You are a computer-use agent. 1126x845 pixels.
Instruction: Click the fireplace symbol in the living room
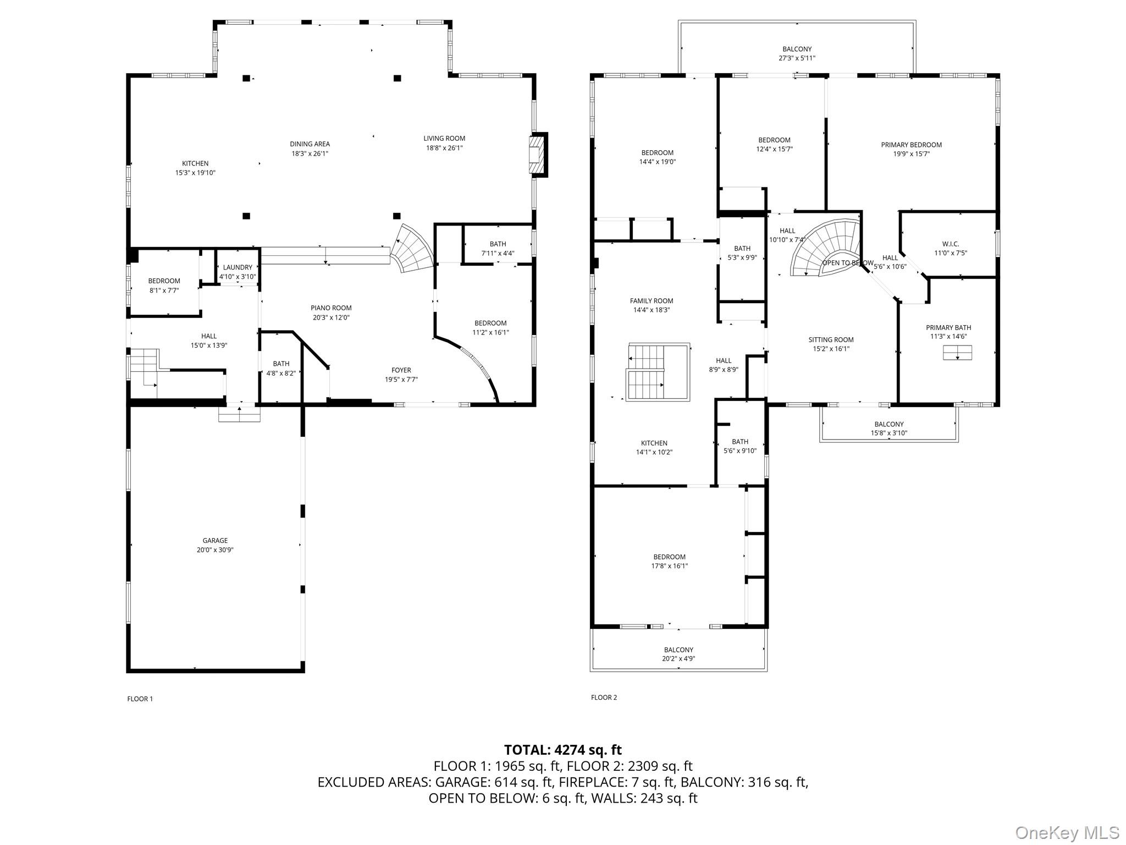pos(538,155)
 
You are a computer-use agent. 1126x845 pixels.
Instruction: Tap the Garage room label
pos(215,540)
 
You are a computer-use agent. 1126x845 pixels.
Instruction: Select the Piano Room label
pos(331,308)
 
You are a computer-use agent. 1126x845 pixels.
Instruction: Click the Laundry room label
pos(238,267)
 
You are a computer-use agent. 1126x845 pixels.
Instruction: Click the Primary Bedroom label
pos(911,145)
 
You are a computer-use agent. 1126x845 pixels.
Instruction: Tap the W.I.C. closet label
pos(950,244)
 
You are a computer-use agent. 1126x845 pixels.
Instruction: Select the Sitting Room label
pos(831,339)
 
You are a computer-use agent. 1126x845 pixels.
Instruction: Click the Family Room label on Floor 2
pos(652,300)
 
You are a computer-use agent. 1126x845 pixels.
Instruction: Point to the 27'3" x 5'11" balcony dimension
pos(797,58)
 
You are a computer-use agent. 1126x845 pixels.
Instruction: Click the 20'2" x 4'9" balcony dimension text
pos(678,659)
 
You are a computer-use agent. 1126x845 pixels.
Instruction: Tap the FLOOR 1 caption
pos(140,699)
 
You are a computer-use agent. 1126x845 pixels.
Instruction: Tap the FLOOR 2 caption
pos(604,697)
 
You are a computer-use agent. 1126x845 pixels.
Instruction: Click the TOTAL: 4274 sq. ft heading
pos(562,750)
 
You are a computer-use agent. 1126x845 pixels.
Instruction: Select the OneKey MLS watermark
pos(1067,832)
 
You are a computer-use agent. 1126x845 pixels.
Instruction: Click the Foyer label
pos(401,370)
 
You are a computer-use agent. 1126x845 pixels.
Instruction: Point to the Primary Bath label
pos(948,327)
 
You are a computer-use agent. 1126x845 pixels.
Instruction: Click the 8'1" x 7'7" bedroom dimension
pos(164,290)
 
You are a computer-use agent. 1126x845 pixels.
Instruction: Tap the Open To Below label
pos(847,263)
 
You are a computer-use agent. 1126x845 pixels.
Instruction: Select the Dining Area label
pos(310,144)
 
